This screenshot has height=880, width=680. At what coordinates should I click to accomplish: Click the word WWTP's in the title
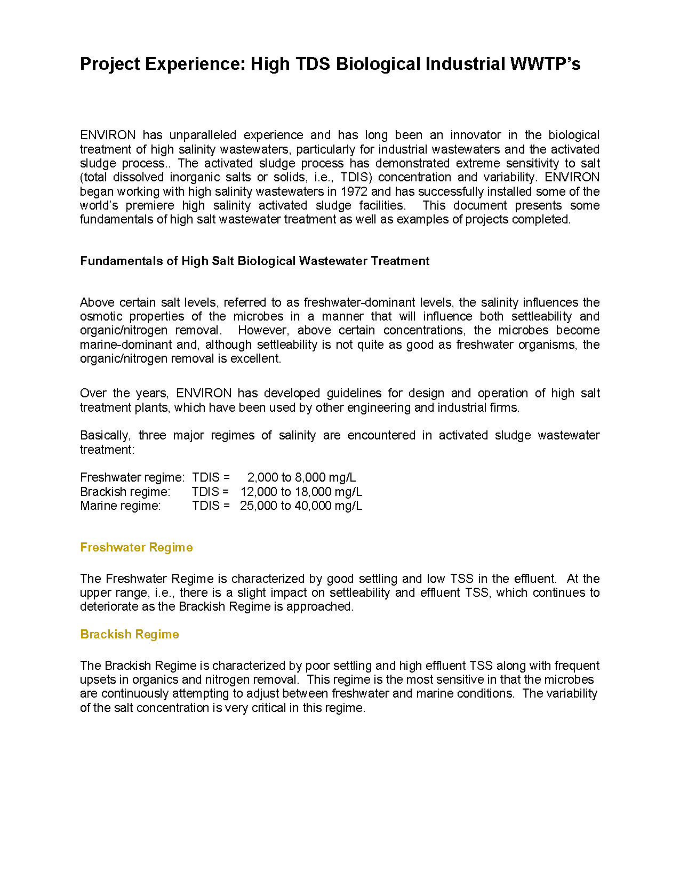[545, 64]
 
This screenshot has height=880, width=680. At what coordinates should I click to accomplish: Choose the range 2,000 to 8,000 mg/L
[301, 478]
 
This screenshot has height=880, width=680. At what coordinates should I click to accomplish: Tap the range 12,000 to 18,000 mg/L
[301, 492]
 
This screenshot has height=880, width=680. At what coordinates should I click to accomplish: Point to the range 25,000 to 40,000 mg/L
[301, 506]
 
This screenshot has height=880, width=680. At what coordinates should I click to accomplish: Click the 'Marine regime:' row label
[120, 506]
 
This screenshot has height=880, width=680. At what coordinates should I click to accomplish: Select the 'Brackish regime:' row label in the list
[125, 492]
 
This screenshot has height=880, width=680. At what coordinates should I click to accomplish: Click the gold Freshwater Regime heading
[136, 548]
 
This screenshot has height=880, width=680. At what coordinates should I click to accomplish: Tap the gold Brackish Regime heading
[130, 635]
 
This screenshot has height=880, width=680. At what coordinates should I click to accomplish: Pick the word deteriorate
[107, 607]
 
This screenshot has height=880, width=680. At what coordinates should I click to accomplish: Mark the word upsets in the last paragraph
[95, 680]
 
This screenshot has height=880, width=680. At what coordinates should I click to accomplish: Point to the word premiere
[150, 206]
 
